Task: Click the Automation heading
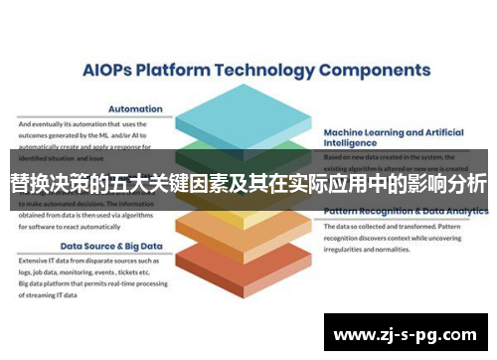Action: click(x=135, y=109)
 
